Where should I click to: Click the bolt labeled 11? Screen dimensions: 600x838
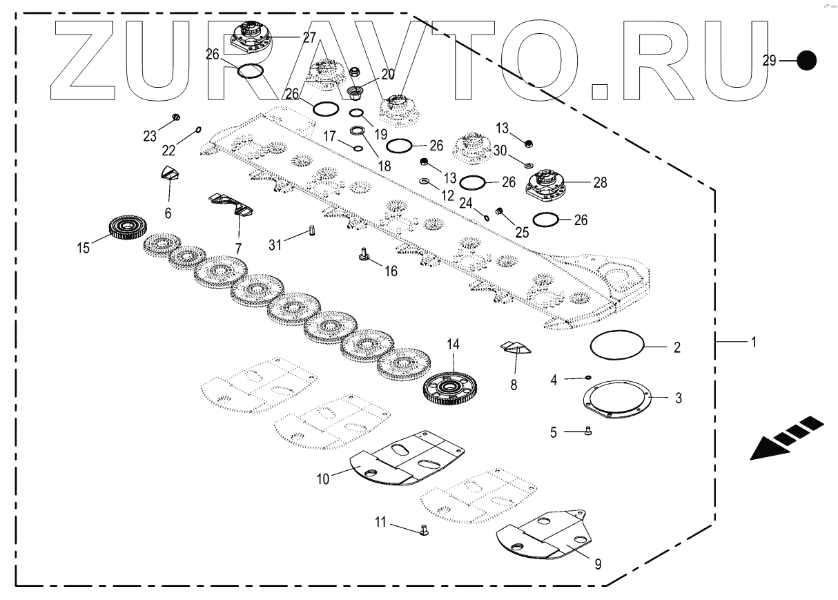tap(424, 530)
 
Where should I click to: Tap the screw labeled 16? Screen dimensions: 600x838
tap(362, 256)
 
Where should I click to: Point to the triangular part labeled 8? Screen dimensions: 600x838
tap(514, 346)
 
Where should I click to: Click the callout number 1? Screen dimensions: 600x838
tap(754, 342)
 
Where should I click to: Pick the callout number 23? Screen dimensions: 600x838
tap(150, 136)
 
